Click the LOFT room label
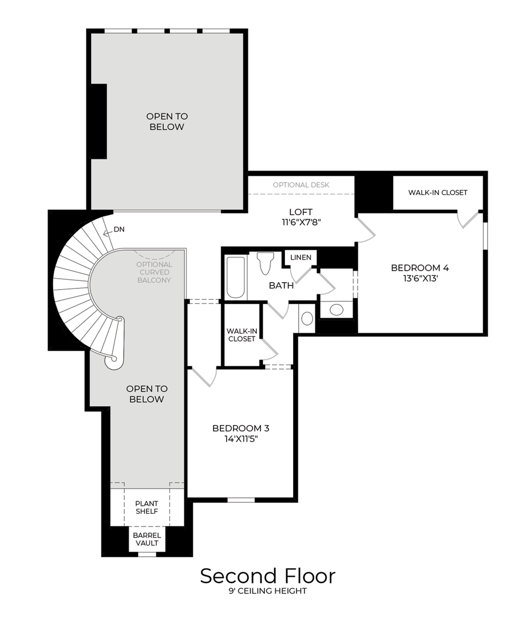[x=300, y=212]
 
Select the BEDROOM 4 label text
[x=420, y=268]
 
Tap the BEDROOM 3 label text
[x=240, y=428]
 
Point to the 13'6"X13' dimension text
[x=420, y=279]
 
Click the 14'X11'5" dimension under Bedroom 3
[x=240, y=439]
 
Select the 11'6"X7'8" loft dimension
[x=300, y=223]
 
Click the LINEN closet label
[x=300, y=257]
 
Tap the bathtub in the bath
[x=236, y=278]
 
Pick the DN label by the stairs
[x=119, y=229]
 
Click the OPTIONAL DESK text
[x=301, y=185]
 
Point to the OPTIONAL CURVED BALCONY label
[x=154, y=272]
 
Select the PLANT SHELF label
[x=147, y=508]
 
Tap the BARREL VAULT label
[x=147, y=539]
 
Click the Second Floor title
[x=267, y=576]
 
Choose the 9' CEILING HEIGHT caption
[x=267, y=591]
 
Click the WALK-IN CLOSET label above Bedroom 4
[x=437, y=193]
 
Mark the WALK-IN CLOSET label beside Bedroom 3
[x=242, y=335]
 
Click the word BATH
[x=282, y=285]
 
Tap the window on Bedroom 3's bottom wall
[x=241, y=500]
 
